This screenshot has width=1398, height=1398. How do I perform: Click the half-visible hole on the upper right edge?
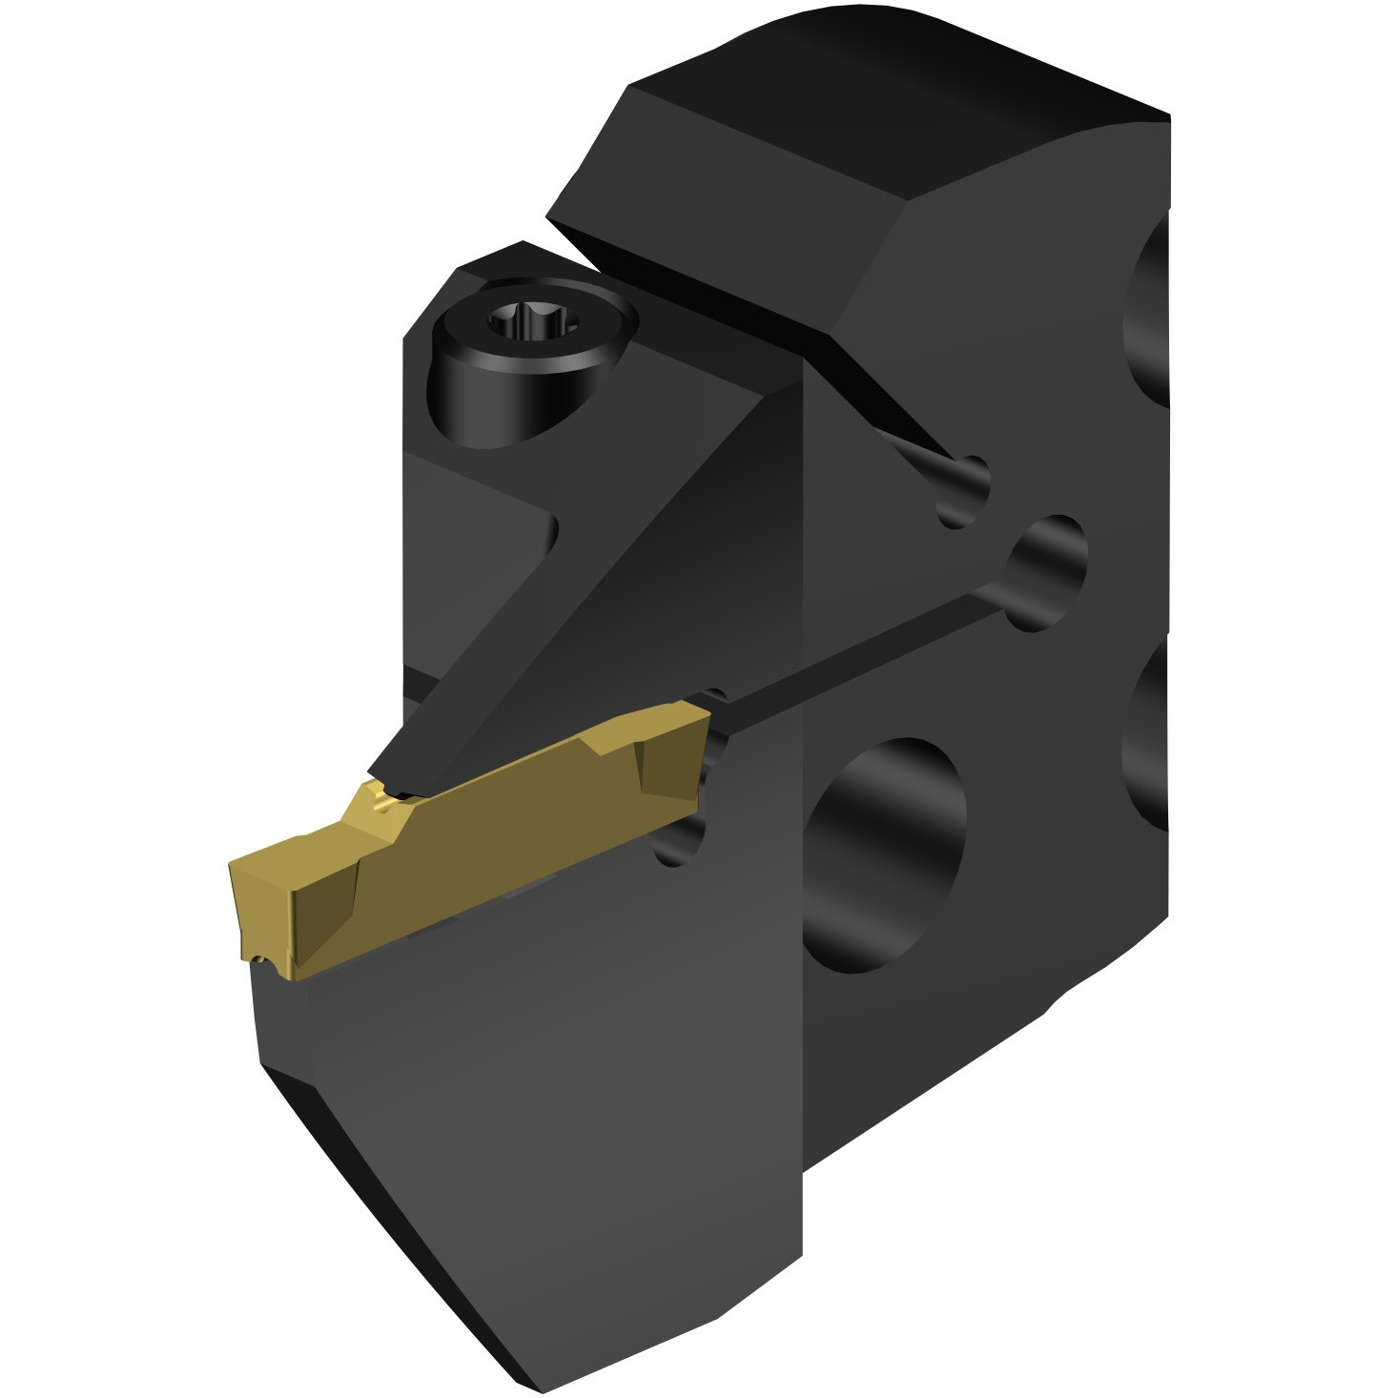click(x=1149, y=315)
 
